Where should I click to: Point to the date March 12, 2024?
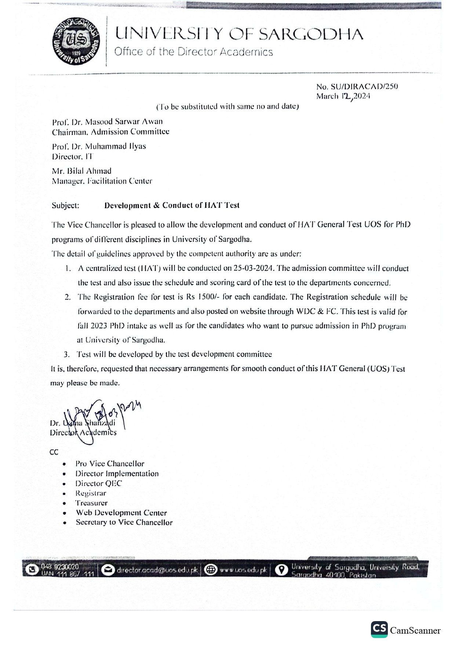tap(343, 97)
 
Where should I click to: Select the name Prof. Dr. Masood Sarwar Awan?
tap(107, 122)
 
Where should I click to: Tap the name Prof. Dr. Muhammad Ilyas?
tap(99, 146)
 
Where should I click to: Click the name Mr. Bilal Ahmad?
tap(81, 171)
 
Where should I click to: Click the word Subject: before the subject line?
tap(65, 205)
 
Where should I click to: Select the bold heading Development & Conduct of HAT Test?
tap(172, 205)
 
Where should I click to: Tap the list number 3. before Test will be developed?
tap(67, 355)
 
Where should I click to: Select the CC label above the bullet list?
tap(54, 452)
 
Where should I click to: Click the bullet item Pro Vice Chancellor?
tap(110, 464)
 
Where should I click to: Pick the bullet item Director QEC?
tap(98, 484)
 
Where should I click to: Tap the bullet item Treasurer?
tap(91, 503)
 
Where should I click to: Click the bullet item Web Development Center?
tap(121, 513)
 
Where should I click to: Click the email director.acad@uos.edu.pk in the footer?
tap(157, 570)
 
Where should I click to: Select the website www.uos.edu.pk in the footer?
tap(243, 570)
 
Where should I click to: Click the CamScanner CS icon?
tap(379, 629)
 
